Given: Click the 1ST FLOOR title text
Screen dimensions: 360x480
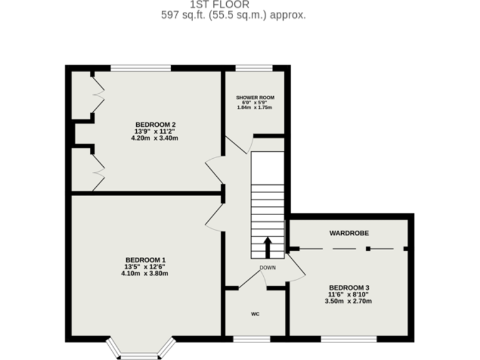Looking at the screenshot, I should point(232,3).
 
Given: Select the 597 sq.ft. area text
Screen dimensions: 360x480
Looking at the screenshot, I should point(232,15).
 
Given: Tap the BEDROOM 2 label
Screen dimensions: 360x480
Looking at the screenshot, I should point(154,124).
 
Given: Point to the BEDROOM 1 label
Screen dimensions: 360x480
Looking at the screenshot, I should point(145,259).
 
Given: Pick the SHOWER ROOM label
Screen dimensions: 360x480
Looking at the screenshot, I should point(254,97).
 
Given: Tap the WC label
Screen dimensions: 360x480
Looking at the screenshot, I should point(255,314).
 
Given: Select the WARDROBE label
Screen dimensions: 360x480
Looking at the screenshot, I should point(349,232).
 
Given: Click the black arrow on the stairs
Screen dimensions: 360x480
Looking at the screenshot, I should point(267,247).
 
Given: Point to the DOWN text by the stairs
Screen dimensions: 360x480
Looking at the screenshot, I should point(267,267).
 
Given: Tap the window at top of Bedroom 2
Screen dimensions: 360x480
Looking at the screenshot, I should point(141,67).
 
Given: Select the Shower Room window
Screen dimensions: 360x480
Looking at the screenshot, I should point(253,67).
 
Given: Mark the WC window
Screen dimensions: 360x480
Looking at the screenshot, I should point(252,339).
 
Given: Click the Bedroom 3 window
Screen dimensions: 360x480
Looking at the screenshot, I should point(349,339).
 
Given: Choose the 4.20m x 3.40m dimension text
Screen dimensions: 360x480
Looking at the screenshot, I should point(154,138).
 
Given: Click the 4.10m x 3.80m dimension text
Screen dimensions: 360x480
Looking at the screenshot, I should point(145,273).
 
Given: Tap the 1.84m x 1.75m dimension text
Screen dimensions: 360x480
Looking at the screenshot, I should point(254,107).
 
